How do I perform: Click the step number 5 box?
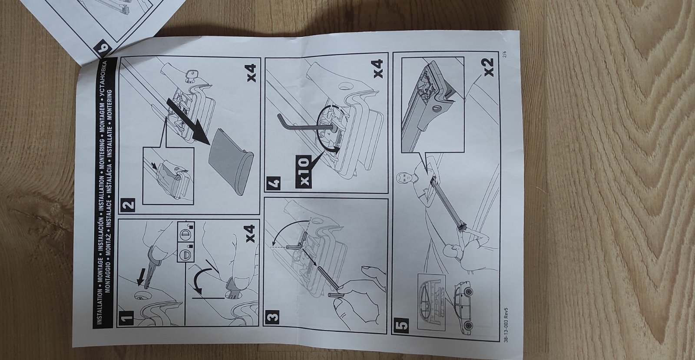(401, 325)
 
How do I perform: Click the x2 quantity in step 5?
(488, 67)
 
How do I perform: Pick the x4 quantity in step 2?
(252, 73)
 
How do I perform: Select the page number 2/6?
(505, 55)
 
